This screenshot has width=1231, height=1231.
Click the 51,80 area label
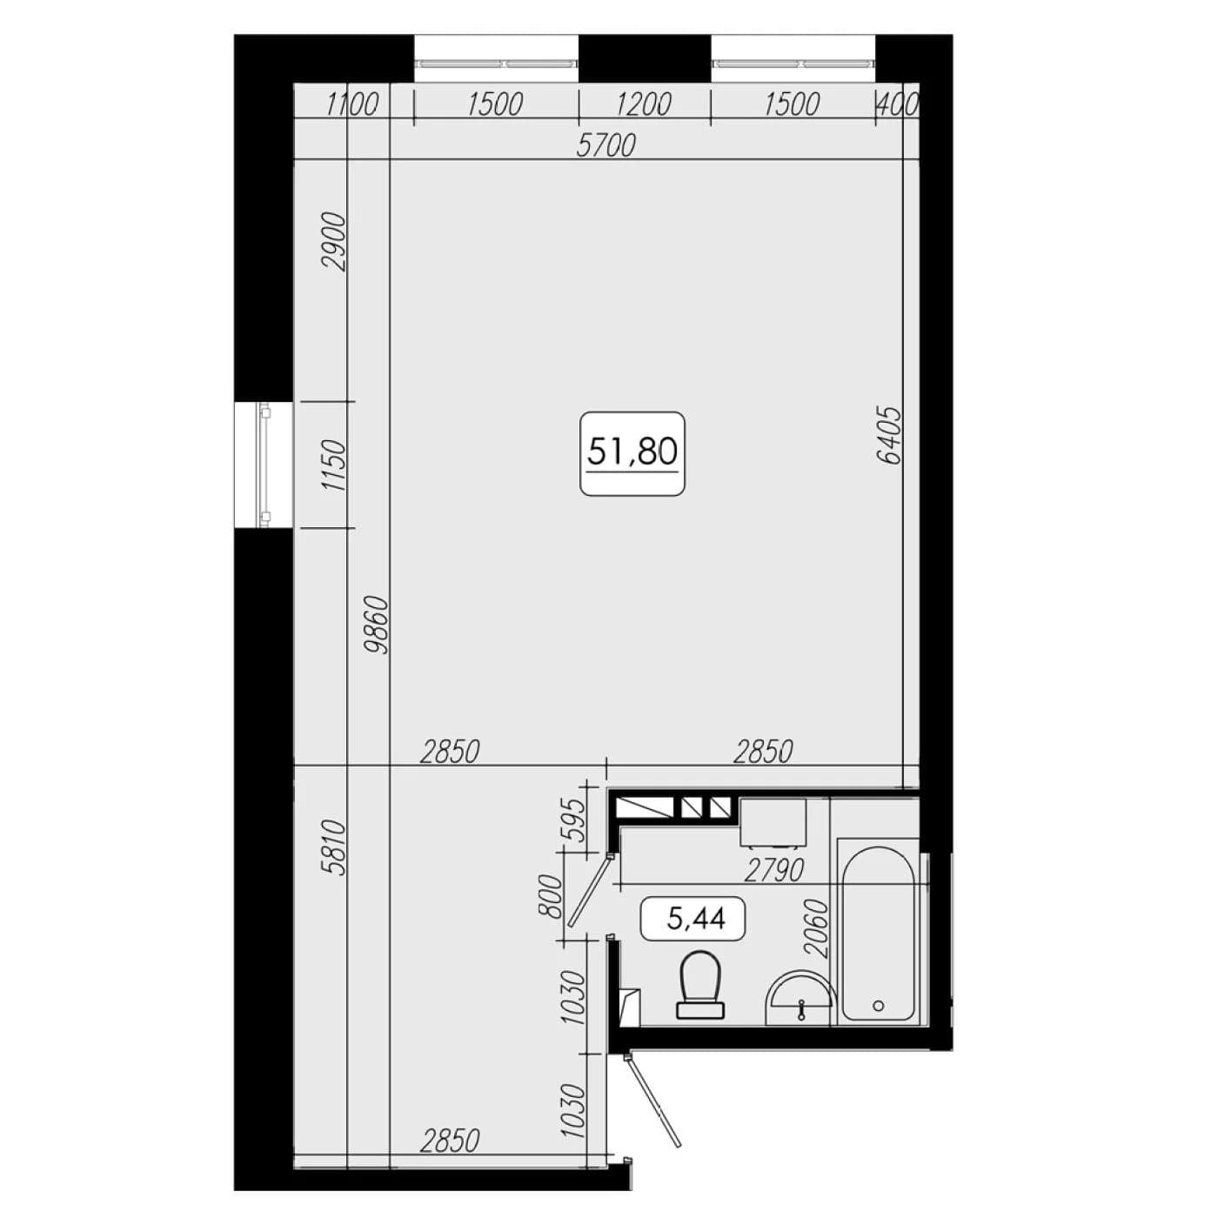point(632,453)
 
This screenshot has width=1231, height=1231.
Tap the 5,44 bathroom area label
point(696,919)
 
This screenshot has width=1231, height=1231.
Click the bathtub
point(879,933)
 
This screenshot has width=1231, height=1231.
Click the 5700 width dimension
point(605,146)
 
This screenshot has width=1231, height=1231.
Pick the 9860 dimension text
point(374,624)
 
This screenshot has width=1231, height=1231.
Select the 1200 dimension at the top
point(644,104)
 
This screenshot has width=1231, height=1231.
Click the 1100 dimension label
point(352,104)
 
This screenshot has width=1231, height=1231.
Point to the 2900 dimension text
point(334,242)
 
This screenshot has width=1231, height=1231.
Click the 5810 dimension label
point(334,847)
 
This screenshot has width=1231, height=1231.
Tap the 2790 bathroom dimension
point(774,871)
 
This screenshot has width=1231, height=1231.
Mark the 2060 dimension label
point(816,929)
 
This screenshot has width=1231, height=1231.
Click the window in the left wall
point(264,465)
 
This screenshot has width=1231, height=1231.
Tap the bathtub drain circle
point(879,1007)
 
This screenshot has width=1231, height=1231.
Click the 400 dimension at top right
point(897,104)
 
